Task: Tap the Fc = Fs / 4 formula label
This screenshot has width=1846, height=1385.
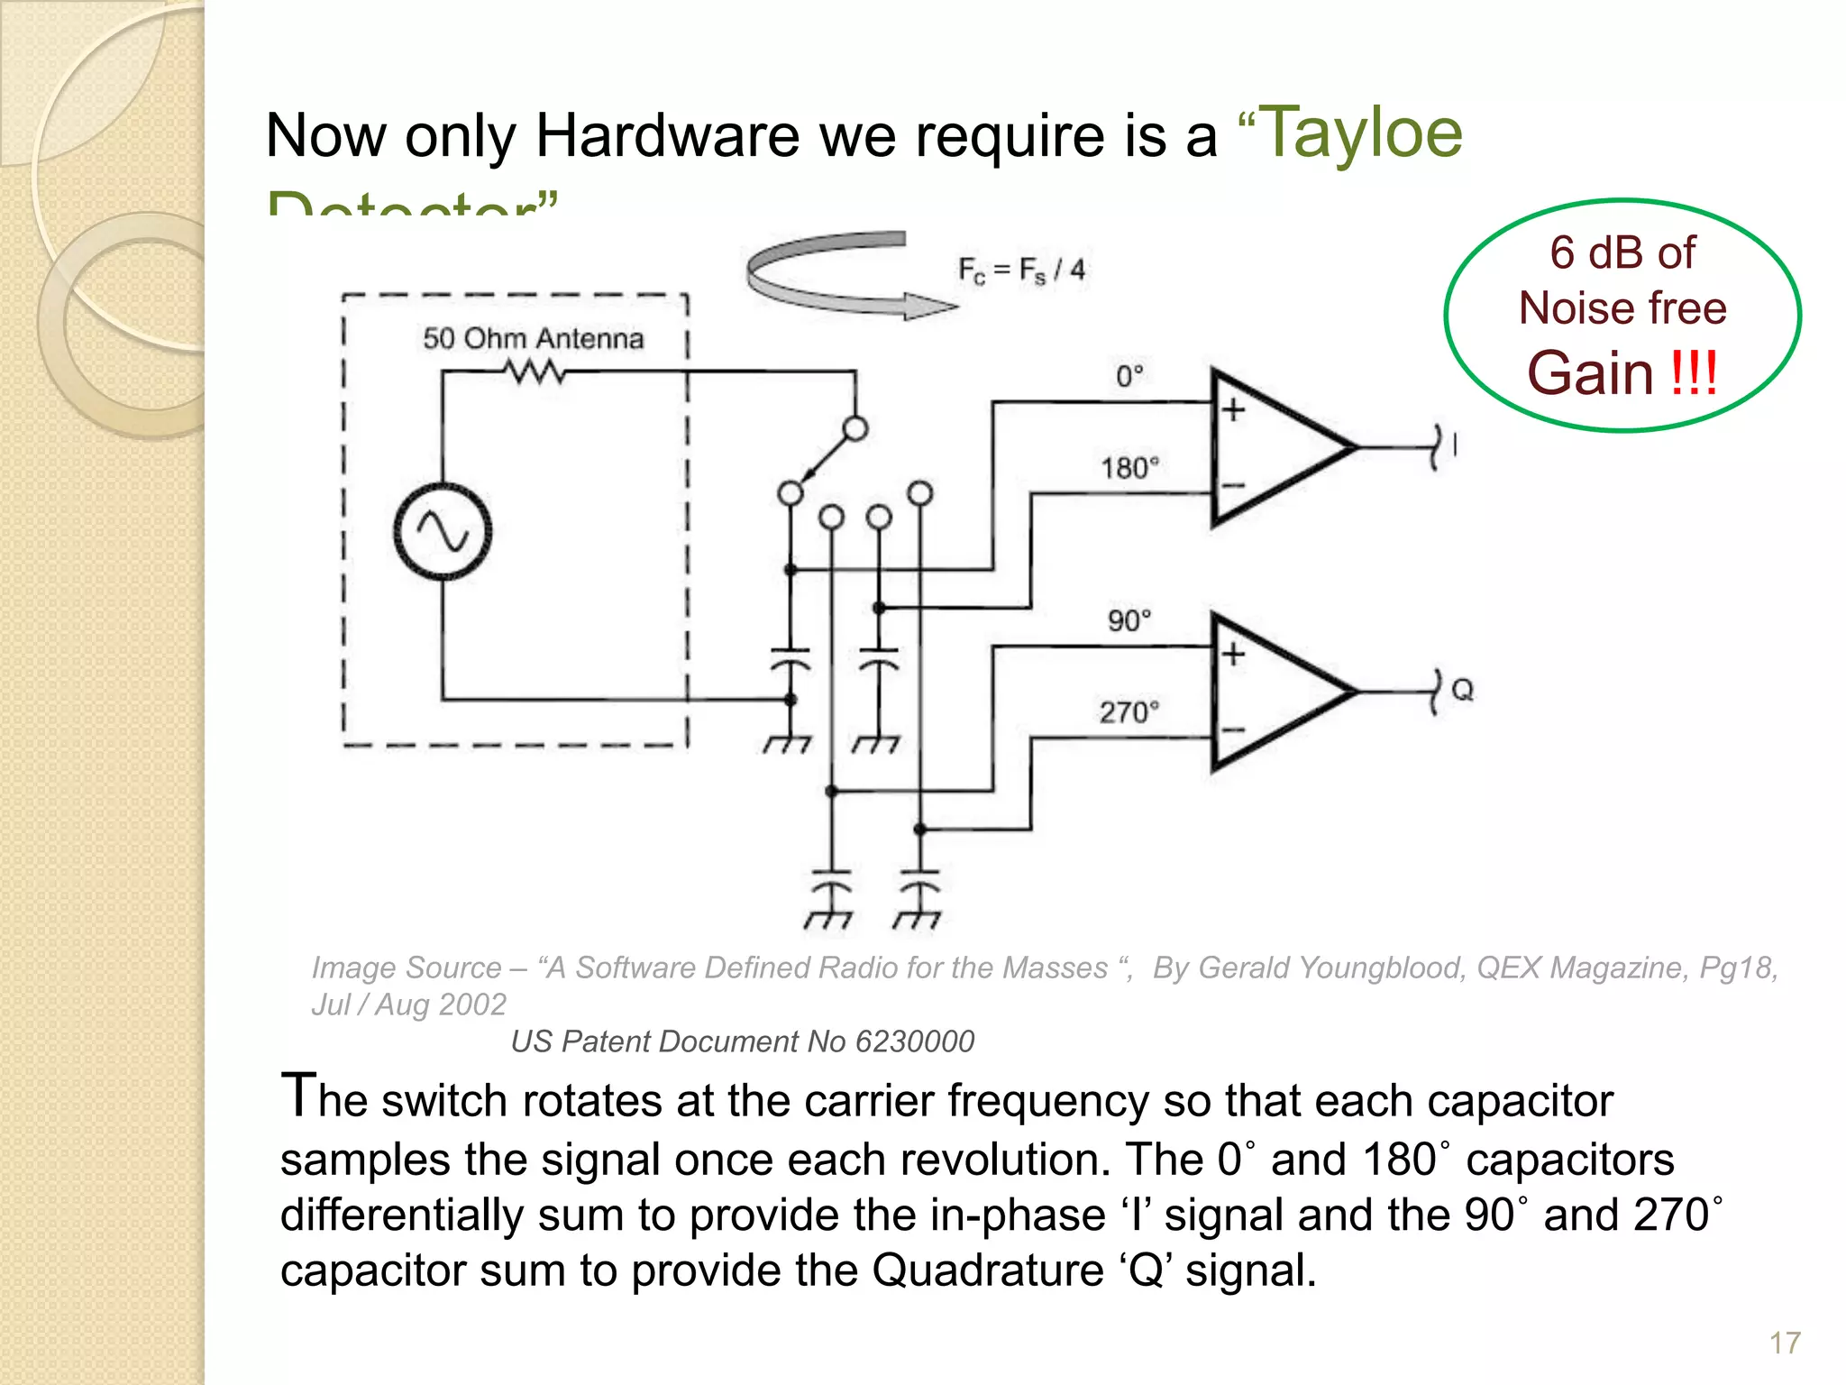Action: point(1021,270)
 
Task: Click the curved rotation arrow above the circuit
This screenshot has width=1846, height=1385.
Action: point(838,275)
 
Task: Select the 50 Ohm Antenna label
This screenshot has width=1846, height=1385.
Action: point(533,339)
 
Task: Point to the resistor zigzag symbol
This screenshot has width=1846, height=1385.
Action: point(535,371)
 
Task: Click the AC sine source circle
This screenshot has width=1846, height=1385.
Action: point(443,531)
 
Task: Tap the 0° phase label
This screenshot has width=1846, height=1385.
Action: point(1129,376)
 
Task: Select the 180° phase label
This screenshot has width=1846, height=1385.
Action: point(1129,468)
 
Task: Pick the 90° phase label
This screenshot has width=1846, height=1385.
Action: point(1129,620)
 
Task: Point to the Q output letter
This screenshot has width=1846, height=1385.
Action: point(1462,691)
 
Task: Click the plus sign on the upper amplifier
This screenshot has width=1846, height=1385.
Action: point(1233,409)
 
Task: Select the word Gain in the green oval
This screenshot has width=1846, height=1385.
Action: point(1590,373)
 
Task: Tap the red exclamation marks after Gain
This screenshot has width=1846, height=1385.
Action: point(1694,373)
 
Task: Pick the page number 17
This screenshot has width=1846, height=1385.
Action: point(1784,1344)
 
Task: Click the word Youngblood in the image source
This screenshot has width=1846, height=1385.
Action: point(1379,968)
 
